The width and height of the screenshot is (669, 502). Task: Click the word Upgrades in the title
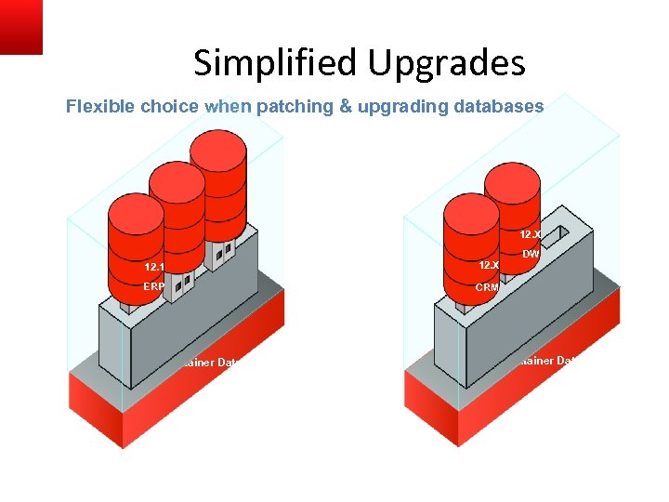tap(446, 63)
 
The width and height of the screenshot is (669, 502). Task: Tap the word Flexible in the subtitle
tap(100, 107)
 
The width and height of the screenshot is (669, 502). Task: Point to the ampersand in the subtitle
tap(346, 107)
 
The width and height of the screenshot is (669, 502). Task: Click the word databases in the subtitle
tap(499, 107)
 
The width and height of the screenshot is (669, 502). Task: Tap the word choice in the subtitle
tap(170, 107)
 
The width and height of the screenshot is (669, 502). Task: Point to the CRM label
tap(488, 287)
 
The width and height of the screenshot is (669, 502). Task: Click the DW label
tap(531, 254)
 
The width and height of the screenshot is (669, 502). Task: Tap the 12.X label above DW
tap(531, 235)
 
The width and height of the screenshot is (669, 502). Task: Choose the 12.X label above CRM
tap(489, 266)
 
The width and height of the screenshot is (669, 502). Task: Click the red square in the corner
tap(20, 26)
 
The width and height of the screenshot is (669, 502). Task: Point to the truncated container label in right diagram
tap(548, 360)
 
